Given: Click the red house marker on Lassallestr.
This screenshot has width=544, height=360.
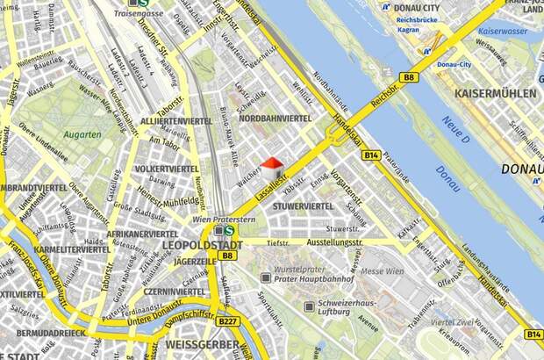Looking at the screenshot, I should coord(272,164).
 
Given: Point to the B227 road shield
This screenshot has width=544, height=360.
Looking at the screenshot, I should coord(228,321).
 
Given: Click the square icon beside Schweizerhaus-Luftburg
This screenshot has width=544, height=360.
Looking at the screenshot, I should coord(309,306).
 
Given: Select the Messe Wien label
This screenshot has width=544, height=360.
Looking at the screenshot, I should coord(383,271).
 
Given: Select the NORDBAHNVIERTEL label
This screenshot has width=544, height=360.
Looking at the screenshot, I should coord(276,118).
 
